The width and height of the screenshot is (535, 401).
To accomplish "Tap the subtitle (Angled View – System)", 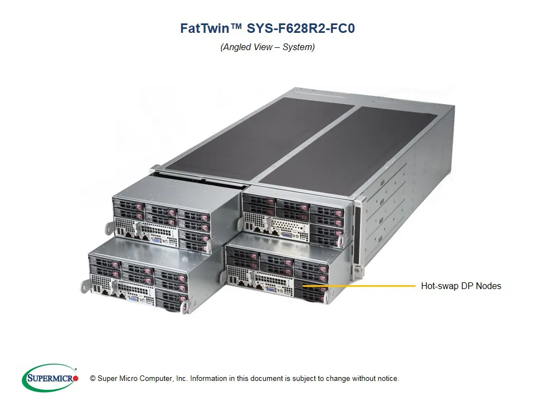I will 267,47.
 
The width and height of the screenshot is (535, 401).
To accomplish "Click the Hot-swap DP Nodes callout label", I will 461,286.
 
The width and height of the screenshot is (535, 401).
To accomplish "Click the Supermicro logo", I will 50,378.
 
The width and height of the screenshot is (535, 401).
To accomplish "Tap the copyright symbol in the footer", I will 92,379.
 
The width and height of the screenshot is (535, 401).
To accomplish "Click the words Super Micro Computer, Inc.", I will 142,379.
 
